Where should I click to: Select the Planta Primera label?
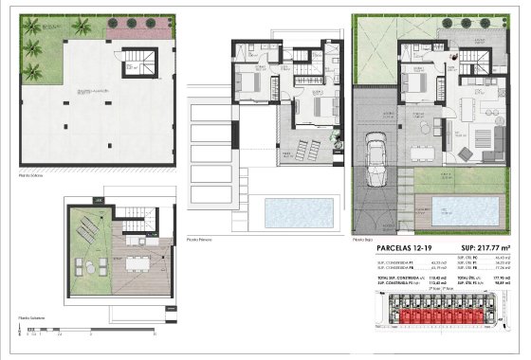200,239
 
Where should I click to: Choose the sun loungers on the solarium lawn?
87,228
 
